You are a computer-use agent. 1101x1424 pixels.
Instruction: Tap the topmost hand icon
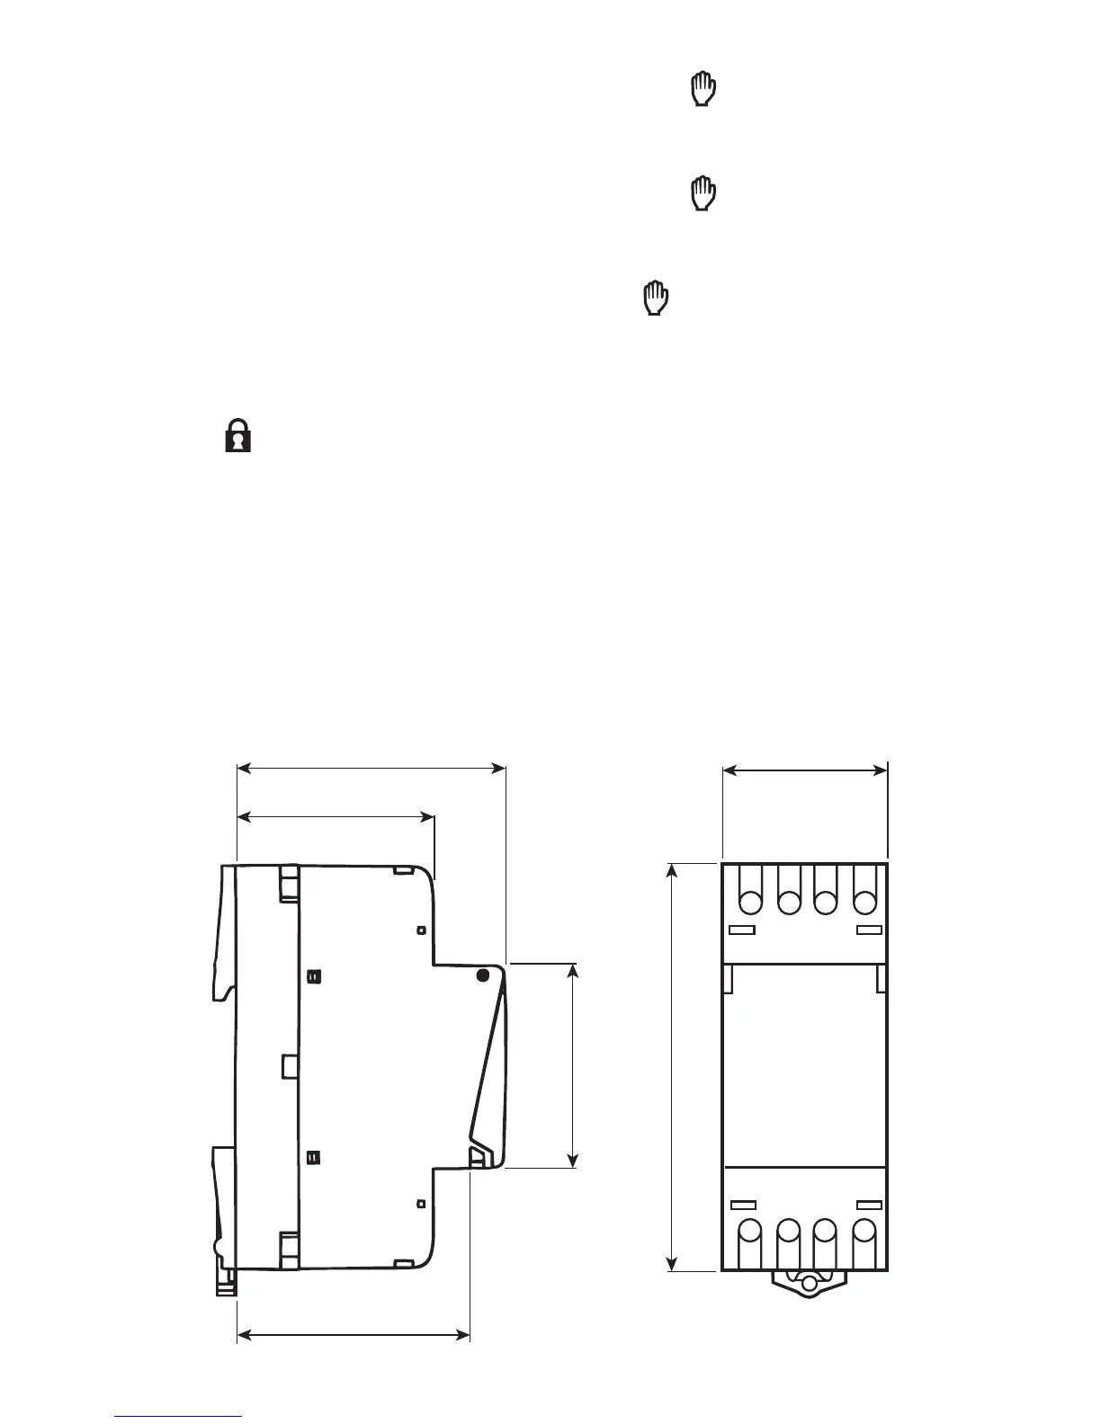coord(703,91)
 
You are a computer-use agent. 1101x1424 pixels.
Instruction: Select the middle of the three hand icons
coord(703,193)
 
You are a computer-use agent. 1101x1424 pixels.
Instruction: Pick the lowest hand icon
coord(657,298)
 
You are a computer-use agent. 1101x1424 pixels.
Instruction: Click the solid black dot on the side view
coord(483,975)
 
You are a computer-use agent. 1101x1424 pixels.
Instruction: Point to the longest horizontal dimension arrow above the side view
coord(371,768)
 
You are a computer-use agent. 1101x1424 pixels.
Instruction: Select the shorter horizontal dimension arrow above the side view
coord(335,816)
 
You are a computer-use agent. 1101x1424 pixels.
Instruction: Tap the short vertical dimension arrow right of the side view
coord(573,1065)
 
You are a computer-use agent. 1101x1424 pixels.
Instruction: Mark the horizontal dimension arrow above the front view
coord(805,770)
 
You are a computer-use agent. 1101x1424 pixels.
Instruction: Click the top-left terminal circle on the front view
coord(750,902)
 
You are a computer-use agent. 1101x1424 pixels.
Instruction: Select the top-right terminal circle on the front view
coord(864,902)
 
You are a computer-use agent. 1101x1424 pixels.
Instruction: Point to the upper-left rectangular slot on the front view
coord(742,930)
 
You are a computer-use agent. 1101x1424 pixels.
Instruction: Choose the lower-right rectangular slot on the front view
coord(869,1204)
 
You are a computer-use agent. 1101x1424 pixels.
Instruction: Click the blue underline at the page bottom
coord(179,1416)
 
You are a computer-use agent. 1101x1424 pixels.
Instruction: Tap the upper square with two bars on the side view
coord(313,976)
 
